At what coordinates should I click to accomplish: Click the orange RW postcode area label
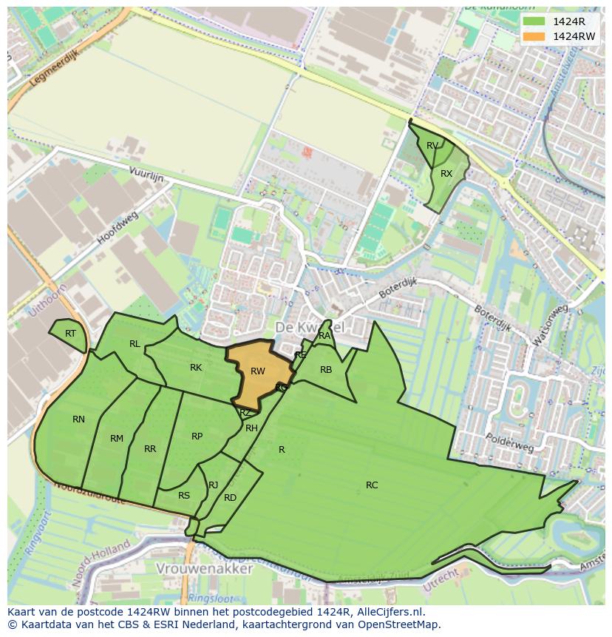click(257, 371)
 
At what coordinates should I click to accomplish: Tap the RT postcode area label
click(70, 334)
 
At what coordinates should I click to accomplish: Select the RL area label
click(135, 343)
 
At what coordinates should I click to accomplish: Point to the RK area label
click(196, 368)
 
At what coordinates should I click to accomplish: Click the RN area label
click(78, 419)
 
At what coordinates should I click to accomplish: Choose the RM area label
click(117, 439)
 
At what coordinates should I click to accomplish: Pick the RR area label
click(150, 449)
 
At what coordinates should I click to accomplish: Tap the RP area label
click(197, 437)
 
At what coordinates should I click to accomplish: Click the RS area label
click(184, 496)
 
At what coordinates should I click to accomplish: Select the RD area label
click(230, 498)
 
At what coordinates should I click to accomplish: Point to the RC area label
click(372, 485)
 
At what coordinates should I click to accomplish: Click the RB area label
click(326, 370)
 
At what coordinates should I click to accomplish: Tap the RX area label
click(446, 174)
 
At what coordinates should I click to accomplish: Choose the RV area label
click(432, 146)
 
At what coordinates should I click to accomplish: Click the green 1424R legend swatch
click(533, 21)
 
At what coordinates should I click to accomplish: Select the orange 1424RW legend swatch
click(533, 36)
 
